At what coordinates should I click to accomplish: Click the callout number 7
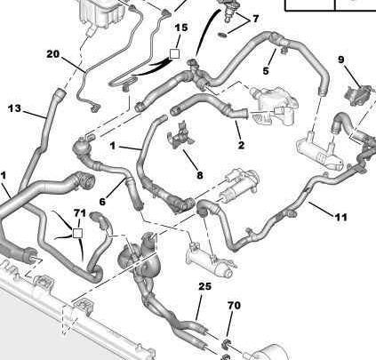coord(255,19)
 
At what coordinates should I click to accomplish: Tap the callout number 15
coord(181,28)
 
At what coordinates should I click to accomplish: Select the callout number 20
coord(53,54)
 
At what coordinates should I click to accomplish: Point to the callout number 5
coord(266,71)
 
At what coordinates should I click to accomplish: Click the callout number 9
coord(341,60)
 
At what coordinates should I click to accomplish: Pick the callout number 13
coord(14,108)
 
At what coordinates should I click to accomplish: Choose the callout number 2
coord(241,145)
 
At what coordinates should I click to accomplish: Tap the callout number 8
coord(200,175)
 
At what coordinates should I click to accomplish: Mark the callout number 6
coord(102,202)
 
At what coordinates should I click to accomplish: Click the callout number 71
coord(80,213)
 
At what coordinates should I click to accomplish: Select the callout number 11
coord(340,218)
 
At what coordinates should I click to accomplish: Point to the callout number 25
coord(205,286)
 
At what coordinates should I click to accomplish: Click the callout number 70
coord(234,306)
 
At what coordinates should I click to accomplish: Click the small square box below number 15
coord(174,53)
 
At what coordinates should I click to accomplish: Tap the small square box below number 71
coord(77,233)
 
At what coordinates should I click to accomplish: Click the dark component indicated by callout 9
coord(358,94)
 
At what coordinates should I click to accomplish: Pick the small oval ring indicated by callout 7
coord(222,36)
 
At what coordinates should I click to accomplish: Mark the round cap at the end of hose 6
coord(81,146)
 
